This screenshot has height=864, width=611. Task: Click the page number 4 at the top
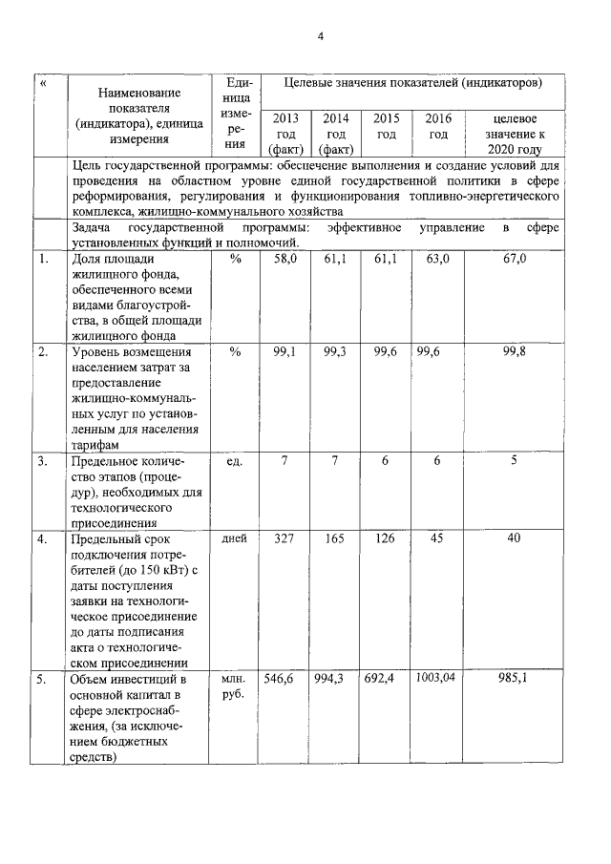[321, 37]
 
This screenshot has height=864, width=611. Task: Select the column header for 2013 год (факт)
[284, 134]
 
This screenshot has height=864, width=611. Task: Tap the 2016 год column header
[438, 126]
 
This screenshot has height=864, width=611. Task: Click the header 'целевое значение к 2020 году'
[514, 134]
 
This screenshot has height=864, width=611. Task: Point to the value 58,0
[284, 259]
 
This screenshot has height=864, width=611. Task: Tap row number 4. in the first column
[42, 539]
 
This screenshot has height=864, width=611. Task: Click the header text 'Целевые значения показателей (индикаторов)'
[413, 84]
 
